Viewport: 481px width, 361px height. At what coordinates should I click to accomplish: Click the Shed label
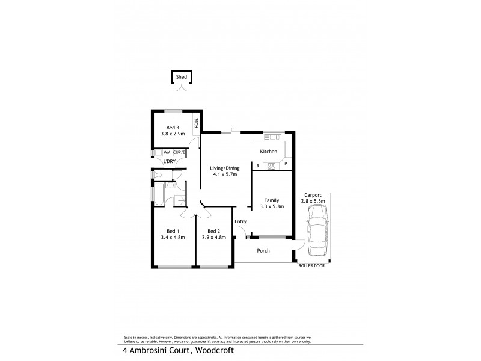[x=180, y=77]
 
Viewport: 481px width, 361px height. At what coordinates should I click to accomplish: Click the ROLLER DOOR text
[x=311, y=265]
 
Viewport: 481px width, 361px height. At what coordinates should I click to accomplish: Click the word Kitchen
[x=268, y=152]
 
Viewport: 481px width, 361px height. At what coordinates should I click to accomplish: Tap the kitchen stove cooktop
[x=271, y=166]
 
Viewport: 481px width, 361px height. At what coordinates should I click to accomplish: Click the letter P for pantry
[x=286, y=164]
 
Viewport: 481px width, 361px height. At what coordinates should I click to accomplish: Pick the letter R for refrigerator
[x=258, y=165]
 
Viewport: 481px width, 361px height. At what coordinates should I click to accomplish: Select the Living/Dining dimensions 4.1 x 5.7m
[x=224, y=174]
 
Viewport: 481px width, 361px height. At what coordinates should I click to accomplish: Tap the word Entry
[x=240, y=221]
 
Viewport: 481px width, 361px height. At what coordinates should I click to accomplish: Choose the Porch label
[x=263, y=251]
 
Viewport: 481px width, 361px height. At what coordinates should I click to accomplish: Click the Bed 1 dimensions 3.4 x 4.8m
[x=173, y=238]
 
